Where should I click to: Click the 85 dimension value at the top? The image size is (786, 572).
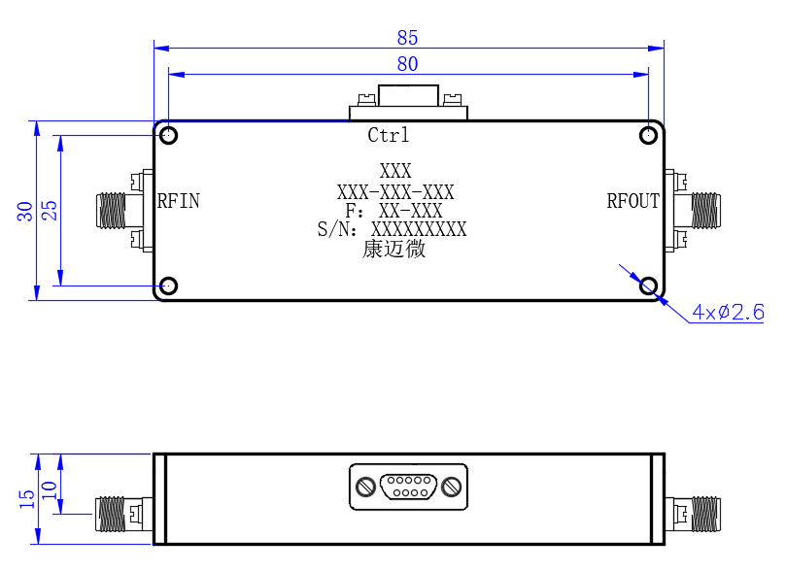point(407,38)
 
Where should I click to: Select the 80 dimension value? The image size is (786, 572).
point(407,64)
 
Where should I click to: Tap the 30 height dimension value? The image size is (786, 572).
point(24,212)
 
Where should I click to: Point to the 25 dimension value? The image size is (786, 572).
point(50,211)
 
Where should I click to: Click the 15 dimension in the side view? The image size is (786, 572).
point(26,499)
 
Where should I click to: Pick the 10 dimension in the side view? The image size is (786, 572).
point(50,490)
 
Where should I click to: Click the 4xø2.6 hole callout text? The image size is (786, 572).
point(728,312)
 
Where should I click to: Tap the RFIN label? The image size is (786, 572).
point(179,201)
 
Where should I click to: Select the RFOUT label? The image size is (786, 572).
point(633,201)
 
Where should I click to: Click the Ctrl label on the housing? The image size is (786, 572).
point(389,135)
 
